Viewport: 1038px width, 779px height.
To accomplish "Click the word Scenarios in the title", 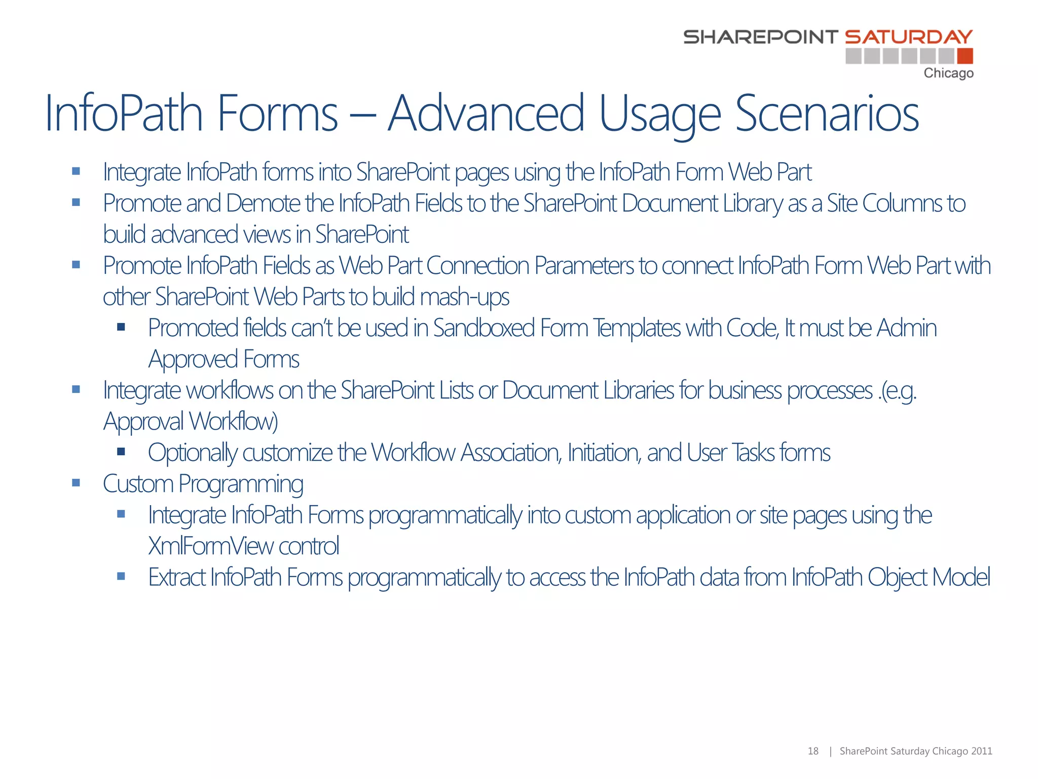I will [827, 114].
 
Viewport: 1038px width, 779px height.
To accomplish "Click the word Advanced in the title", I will [486, 114].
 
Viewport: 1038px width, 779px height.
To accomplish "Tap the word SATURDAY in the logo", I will [908, 37].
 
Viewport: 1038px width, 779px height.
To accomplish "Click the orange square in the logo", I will [965, 56].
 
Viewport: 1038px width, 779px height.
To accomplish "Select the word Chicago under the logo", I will [948, 74].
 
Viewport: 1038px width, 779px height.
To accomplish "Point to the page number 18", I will [812, 751].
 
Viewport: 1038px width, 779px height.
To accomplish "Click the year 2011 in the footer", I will [982, 751].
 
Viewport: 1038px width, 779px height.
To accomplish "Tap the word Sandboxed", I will [484, 328].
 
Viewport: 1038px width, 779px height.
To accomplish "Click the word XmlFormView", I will [210, 546].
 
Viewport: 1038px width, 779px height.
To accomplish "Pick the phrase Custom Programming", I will [203, 484].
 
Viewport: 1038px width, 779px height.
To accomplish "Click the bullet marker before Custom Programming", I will [76, 483].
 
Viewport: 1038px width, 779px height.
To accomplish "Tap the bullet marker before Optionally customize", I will [121, 451].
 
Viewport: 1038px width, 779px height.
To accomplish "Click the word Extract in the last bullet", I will [176, 578].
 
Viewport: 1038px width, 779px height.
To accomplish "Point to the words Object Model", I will [928, 578].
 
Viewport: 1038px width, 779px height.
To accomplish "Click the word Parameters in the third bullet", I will [584, 266].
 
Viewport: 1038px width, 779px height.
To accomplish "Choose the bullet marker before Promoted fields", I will [121, 327].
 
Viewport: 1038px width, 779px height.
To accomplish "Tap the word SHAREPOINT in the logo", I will [760, 37].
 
